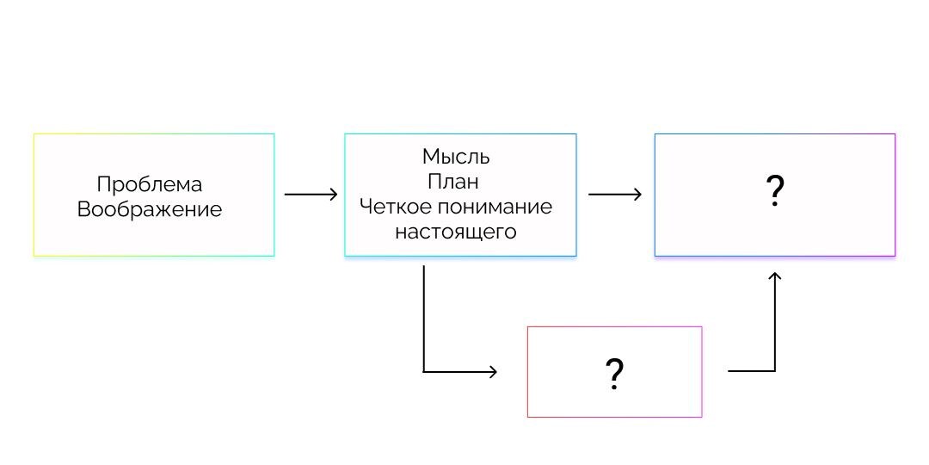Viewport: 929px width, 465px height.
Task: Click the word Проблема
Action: pyautogui.click(x=150, y=184)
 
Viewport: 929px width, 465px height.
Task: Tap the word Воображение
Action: pyautogui.click(x=150, y=209)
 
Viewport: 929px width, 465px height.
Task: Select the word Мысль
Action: pyautogui.click(x=456, y=157)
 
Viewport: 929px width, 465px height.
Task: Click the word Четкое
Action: pyautogui.click(x=391, y=208)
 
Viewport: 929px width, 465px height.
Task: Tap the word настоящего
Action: pyautogui.click(x=456, y=232)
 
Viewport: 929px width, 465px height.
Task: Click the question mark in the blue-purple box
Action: pyautogui.click(x=774, y=191)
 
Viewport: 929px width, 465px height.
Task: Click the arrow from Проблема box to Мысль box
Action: pyautogui.click(x=311, y=195)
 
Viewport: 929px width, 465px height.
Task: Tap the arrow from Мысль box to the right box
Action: pyautogui.click(x=615, y=195)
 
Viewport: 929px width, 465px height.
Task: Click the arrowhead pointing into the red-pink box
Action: pyautogui.click(x=493, y=372)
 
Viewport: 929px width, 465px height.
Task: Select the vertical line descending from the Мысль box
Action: pyautogui.click(x=424, y=319)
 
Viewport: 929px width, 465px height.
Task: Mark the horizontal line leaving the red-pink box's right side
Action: pyautogui.click(x=750, y=371)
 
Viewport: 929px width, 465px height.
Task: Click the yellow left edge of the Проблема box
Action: pyautogui.click(x=34, y=195)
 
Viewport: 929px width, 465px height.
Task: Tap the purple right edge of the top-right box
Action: pyautogui.click(x=895, y=195)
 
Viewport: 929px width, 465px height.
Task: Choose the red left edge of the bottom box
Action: pyautogui.click(x=527, y=372)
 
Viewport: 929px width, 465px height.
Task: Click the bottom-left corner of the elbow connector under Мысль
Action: pyautogui.click(x=424, y=372)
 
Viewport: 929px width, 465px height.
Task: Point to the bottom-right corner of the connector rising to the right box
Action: pyautogui.click(x=775, y=371)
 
